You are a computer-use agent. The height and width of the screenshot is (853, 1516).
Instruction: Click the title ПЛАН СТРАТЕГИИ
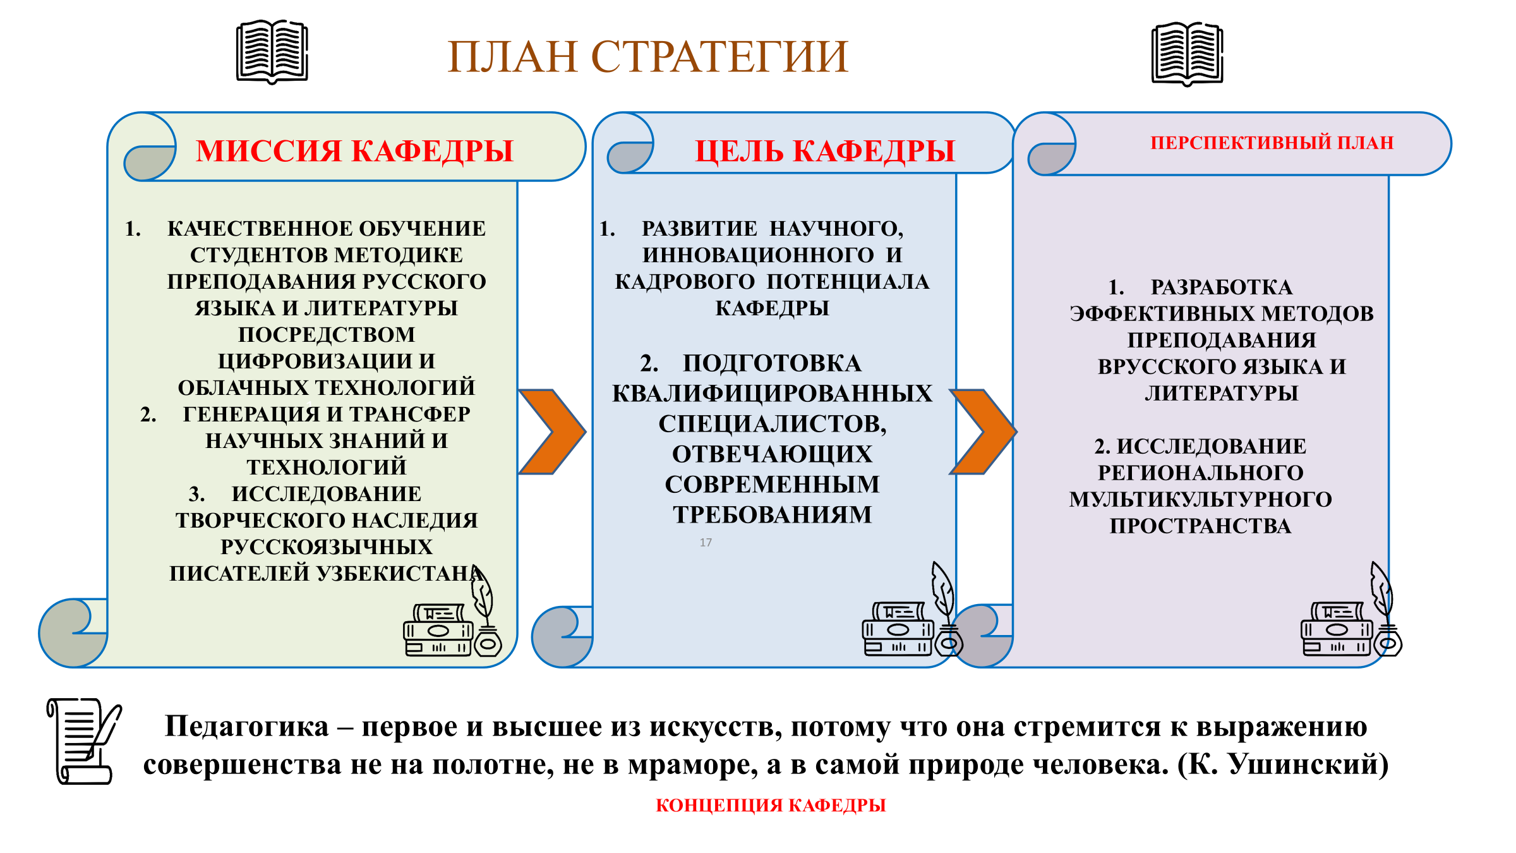coord(647,57)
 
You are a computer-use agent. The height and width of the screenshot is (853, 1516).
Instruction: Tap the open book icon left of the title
coord(272,52)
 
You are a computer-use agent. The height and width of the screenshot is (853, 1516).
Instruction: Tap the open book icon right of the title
coord(1188,54)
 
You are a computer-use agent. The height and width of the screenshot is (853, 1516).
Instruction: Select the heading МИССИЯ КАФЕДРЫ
coord(354,151)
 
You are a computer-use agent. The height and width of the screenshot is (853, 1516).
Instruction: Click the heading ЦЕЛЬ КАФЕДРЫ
coord(825,151)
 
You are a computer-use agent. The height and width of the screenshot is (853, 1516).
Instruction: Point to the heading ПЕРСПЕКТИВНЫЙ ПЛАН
coord(1272,143)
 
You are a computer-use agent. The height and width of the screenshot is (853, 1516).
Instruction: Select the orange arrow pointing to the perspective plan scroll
coord(984,432)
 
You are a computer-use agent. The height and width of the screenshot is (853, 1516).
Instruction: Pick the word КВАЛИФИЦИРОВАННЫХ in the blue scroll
coord(772,394)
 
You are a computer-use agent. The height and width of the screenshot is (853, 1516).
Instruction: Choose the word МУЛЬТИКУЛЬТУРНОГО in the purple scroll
coord(1201,499)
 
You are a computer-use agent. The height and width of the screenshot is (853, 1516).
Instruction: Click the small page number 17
coord(706,542)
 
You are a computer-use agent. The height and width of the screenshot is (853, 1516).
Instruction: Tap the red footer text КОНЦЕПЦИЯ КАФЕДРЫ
coord(771,805)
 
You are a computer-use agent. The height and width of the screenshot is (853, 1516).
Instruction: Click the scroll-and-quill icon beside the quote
coord(85,741)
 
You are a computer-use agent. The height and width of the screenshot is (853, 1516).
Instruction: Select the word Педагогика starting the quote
coord(247,727)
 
